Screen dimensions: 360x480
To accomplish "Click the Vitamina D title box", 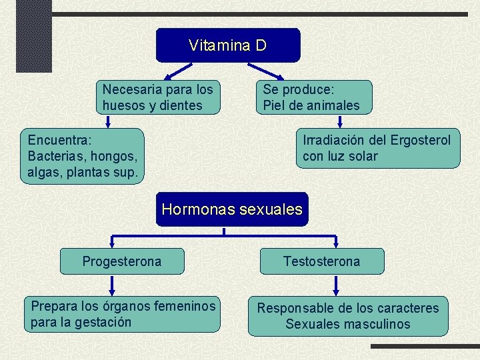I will point(228,45).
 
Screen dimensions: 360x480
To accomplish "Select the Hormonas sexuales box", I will point(232,209).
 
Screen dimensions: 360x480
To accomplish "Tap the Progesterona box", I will point(122,261).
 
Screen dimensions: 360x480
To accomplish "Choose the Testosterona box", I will point(321,261).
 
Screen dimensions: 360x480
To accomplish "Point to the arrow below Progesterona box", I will point(111,285).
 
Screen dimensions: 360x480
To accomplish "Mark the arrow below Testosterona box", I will point(336,285).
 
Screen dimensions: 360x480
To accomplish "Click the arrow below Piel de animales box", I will point(340,121).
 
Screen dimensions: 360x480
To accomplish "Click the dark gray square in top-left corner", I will point(25,35).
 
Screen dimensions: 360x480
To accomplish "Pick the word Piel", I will point(274,105).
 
